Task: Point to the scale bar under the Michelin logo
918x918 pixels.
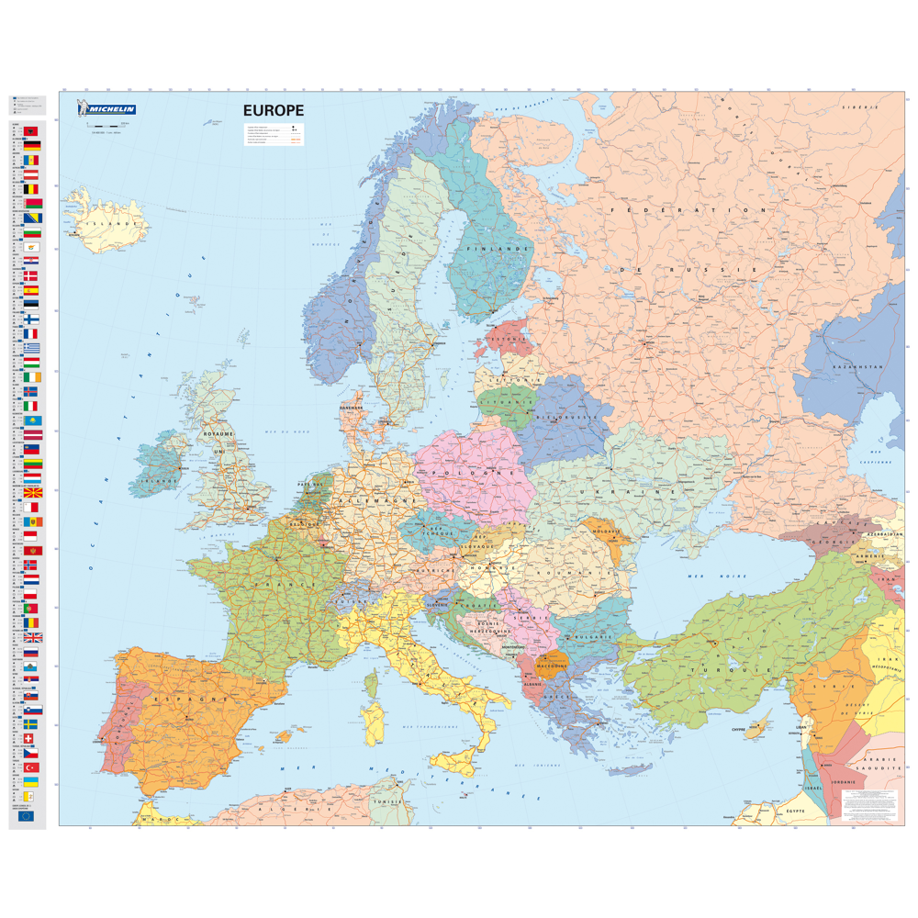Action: pyautogui.click(x=106, y=124)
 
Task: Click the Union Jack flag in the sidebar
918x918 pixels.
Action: pyautogui.click(x=32, y=637)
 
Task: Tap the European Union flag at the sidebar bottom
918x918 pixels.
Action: pyautogui.click(x=26, y=815)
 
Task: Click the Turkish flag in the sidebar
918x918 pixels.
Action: pyautogui.click(x=32, y=767)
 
